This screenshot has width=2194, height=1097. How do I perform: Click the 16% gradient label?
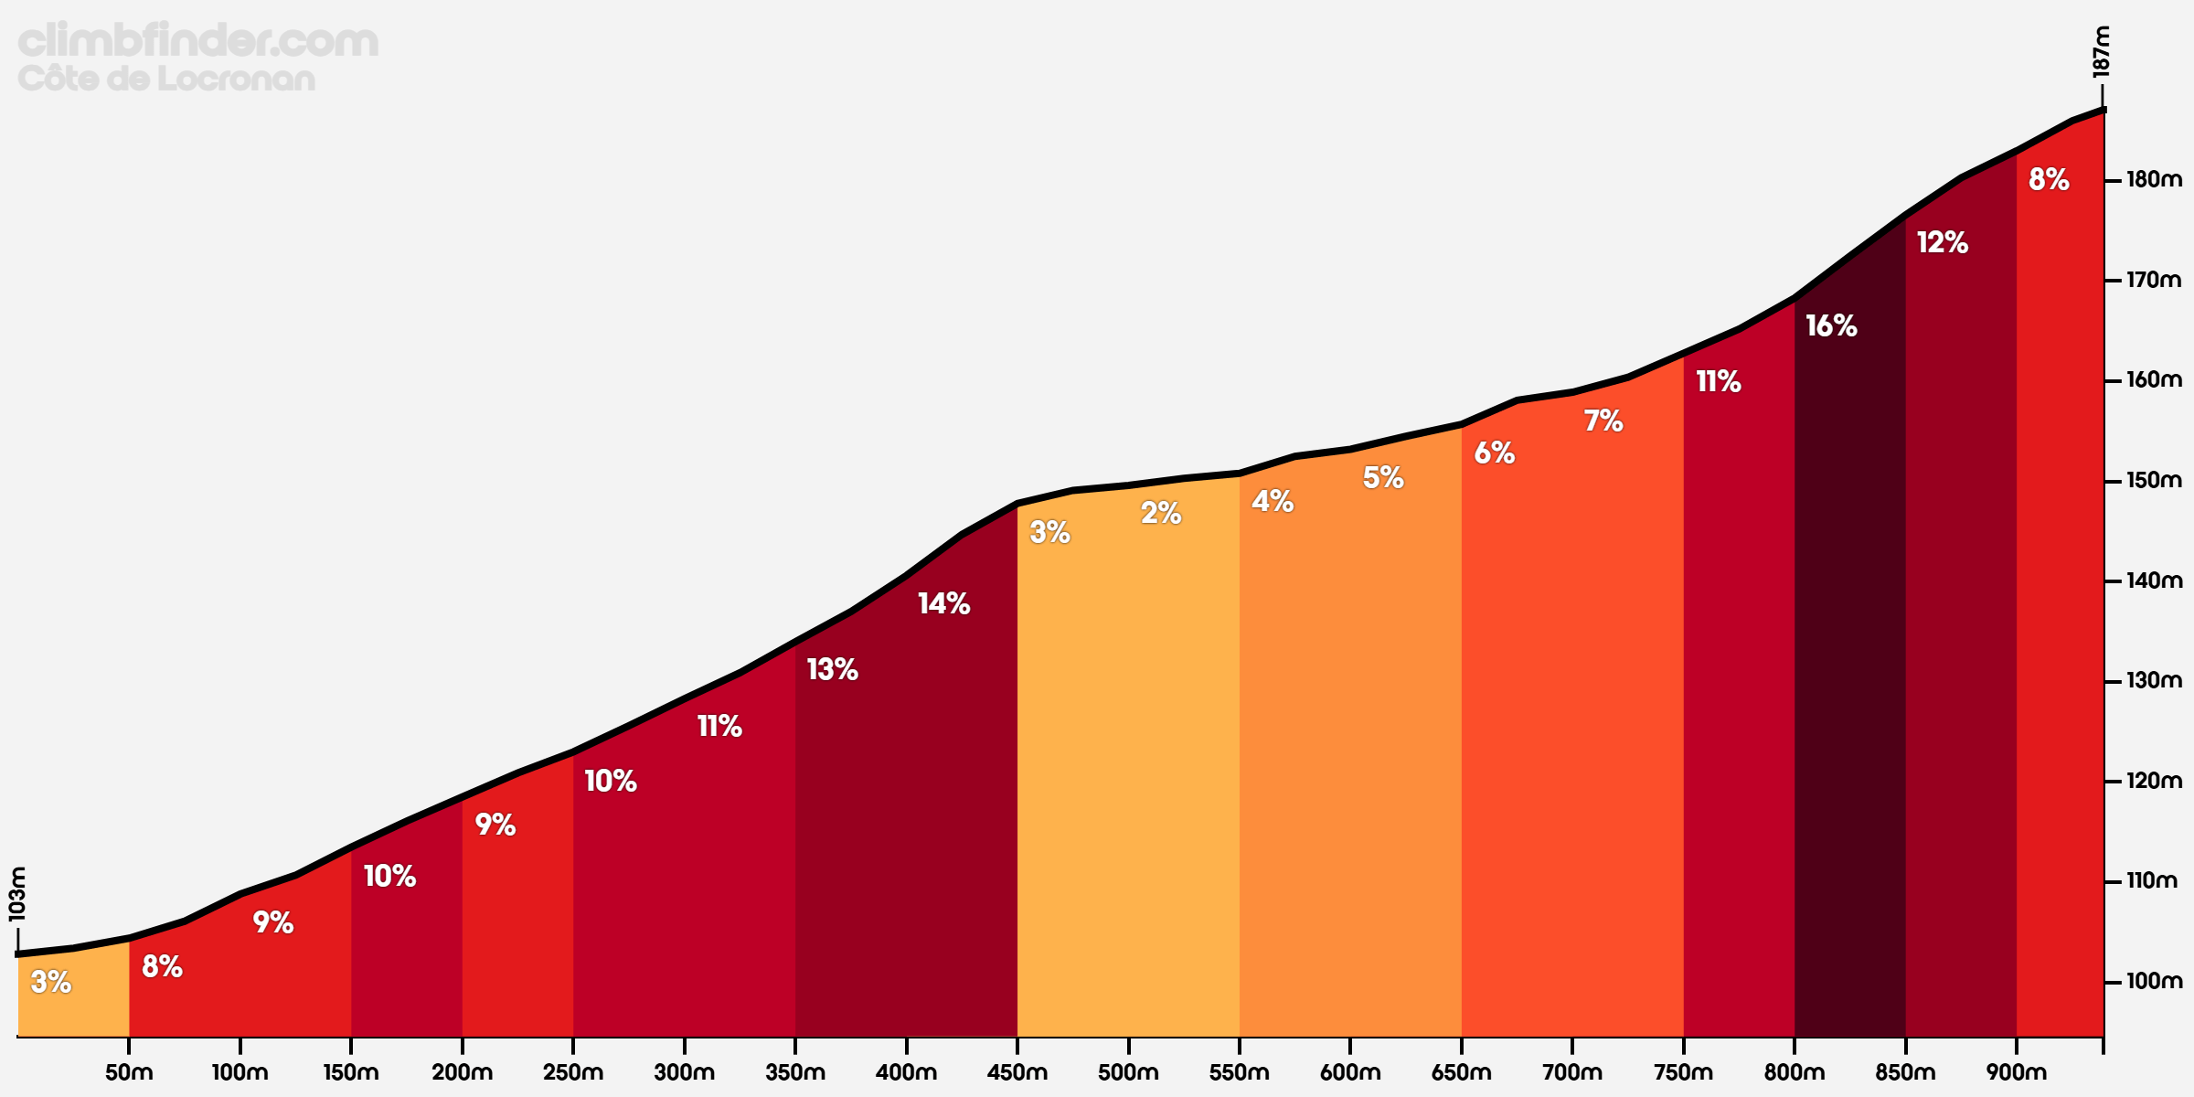point(1831,325)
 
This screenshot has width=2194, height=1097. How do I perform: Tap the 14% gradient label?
point(943,603)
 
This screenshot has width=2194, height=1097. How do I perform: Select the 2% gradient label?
point(1161,513)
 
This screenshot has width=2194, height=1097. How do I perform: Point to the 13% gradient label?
point(832,669)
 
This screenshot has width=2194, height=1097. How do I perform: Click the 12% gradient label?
point(1942,242)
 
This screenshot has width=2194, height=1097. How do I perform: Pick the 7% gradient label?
point(1603,421)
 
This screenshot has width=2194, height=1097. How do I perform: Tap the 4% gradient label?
point(1273,501)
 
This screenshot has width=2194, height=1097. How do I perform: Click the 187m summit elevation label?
point(2102,52)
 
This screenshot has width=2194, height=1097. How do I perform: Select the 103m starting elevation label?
point(17,893)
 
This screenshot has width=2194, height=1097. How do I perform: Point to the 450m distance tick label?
point(1017,1072)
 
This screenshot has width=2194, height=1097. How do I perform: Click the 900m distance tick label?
point(2016,1072)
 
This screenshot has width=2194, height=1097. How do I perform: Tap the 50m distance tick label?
point(129,1072)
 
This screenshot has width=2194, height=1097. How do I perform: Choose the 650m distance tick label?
point(1461,1072)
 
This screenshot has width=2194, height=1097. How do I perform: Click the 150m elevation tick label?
point(2153,480)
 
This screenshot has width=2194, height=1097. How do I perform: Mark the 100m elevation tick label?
point(2153,981)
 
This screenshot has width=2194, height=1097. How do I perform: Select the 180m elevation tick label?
point(2153,179)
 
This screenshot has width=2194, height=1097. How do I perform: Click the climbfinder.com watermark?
point(197,40)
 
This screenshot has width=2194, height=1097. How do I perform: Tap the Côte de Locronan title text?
point(166,79)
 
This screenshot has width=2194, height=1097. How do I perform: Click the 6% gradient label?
point(1495,453)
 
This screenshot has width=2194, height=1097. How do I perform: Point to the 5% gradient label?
point(1383,477)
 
